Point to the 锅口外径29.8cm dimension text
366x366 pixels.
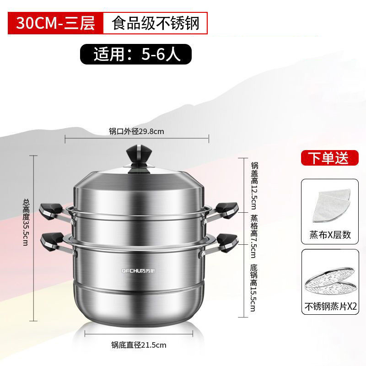pyautogui.click(x=136, y=131)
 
